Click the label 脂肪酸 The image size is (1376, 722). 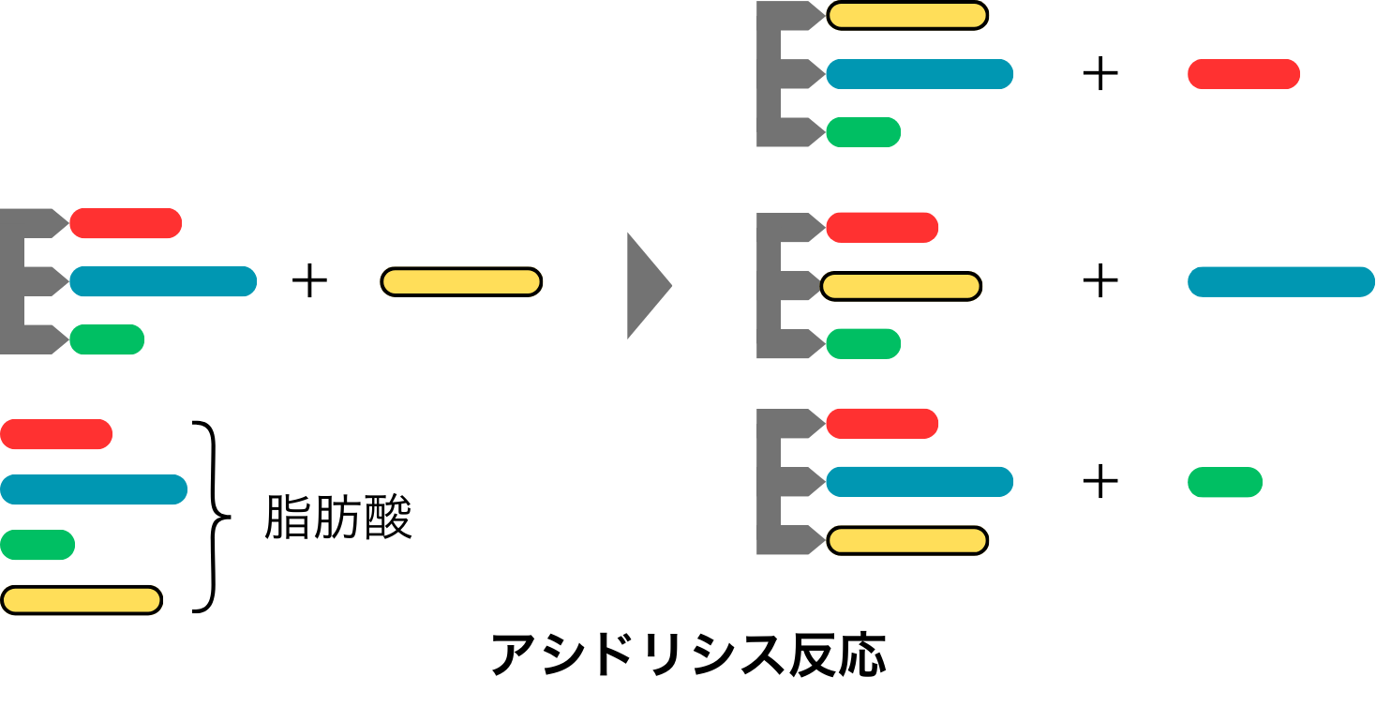338,518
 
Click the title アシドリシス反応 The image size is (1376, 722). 688,654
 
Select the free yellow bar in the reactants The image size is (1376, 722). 461,282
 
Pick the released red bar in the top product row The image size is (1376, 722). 1243,74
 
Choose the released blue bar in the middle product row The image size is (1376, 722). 1280,282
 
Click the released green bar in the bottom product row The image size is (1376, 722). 1224,482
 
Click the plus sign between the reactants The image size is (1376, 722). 309,281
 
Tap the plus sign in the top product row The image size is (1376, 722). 1100,74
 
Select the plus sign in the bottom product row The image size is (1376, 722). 1100,482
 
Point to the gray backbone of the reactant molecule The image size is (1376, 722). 17,281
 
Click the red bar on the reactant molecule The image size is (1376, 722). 126,223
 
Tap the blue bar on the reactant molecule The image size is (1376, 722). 163,281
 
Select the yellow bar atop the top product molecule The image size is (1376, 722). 907,16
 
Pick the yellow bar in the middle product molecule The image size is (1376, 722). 901,286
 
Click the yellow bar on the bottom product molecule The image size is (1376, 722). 907,540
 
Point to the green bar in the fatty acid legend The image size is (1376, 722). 37,544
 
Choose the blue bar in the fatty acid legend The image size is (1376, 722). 94,489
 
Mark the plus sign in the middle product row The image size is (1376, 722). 1100,281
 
